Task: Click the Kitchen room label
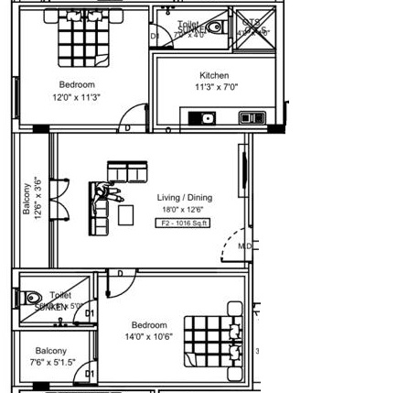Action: [214, 76]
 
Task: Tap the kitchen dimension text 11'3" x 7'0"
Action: [215, 88]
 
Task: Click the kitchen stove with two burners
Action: [251, 117]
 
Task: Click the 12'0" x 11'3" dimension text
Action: [77, 97]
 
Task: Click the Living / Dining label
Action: [184, 198]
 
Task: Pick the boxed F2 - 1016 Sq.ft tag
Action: [184, 223]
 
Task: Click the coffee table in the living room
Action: [126, 214]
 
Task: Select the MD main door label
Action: [243, 246]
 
